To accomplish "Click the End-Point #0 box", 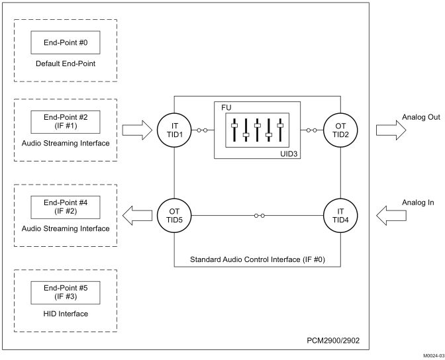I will click(65, 42).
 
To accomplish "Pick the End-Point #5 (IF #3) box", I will click(65, 292).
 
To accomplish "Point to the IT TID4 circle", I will click(342, 215).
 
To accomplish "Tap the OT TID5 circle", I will click(174, 215).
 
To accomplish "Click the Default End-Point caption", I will click(65, 64).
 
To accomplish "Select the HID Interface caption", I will click(65, 314).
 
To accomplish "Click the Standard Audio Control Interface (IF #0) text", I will click(258, 257).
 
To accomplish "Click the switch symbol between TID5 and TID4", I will click(258, 215).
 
